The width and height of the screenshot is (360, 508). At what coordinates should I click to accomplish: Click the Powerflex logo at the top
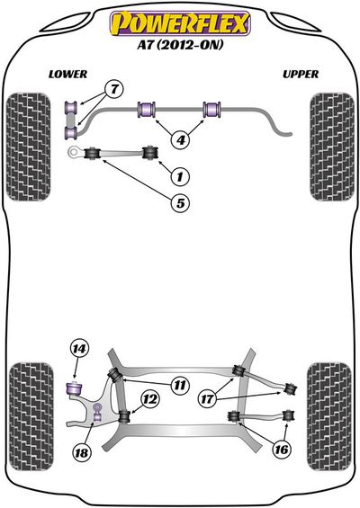(x=180, y=23)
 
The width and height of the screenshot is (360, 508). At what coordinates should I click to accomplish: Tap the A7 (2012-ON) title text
(x=180, y=44)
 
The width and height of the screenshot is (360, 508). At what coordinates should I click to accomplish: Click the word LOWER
(x=68, y=75)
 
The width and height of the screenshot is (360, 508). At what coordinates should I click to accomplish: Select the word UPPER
(x=301, y=75)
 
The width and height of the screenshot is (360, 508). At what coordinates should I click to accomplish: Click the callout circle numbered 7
(x=114, y=89)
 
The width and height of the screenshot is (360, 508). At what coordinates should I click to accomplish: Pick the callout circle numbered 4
(x=181, y=139)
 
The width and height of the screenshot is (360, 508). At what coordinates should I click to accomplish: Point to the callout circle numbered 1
(x=179, y=176)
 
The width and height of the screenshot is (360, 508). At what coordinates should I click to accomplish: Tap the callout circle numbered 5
(x=180, y=202)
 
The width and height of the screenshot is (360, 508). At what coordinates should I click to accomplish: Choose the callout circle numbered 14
(x=79, y=349)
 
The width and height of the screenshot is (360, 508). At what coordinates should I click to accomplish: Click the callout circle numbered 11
(x=180, y=385)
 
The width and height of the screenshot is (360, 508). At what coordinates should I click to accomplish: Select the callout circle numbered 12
(x=150, y=399)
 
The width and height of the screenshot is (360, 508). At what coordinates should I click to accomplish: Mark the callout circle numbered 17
(x=207, y=398)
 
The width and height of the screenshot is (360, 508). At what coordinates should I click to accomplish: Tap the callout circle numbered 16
(x=281, y=449)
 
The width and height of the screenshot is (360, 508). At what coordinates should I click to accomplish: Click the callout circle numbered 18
(x=81, y=451)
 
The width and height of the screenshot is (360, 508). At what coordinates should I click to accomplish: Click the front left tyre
(x=29, y=147)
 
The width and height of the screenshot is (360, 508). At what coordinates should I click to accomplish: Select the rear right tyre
(x=329, y=415)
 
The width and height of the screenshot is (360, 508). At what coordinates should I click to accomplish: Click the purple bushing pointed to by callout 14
(x=75, y=388)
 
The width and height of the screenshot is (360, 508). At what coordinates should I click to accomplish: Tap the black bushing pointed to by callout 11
(x=115, y=375)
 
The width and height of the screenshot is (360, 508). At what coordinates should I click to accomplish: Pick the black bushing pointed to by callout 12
(x=124, y=416)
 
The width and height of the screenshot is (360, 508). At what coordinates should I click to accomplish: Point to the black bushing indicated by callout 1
(x=150, y=153)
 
